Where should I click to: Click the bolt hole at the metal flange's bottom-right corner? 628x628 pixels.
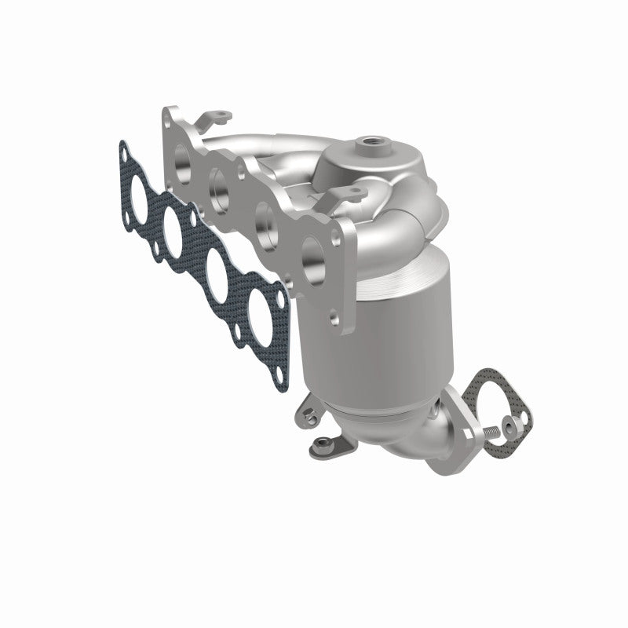335,319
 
